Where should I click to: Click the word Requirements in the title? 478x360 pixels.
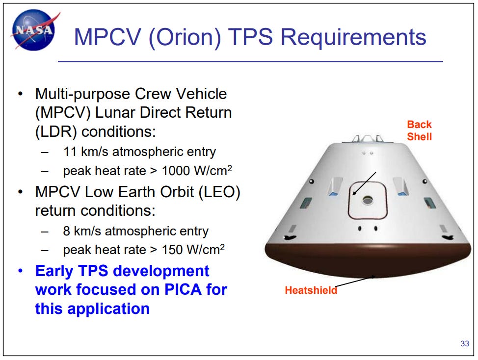click(x=353, y=37)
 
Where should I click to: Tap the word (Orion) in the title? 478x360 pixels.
click(x=185, y=38)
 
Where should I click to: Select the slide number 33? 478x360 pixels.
click(x=465, y=343)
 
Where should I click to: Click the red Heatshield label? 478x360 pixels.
click(x=311, y=290)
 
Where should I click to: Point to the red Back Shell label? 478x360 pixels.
click(x=420, y=130)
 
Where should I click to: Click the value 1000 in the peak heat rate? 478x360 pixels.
click(x=176, y=171)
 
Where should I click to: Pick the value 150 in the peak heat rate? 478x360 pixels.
click(x=172, y=250)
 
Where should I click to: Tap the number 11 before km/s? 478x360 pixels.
click(x=70, y=152)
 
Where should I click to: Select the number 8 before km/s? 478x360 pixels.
click(x=66, y=231)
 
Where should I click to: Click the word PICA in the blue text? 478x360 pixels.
click(x=183, y=289)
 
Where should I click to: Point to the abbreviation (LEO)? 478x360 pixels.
click(x=219, y=192)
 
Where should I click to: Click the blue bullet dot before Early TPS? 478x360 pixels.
click(x=21, y=271)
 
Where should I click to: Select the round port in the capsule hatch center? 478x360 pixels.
click(x=368, y=201)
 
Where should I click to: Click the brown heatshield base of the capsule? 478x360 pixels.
click(x=368, y=259)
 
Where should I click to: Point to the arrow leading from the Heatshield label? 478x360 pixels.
click(x=355, y=282)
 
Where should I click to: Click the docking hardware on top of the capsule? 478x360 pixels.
click(x=368, y=139)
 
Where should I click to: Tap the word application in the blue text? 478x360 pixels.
click(x=108, y=309)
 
